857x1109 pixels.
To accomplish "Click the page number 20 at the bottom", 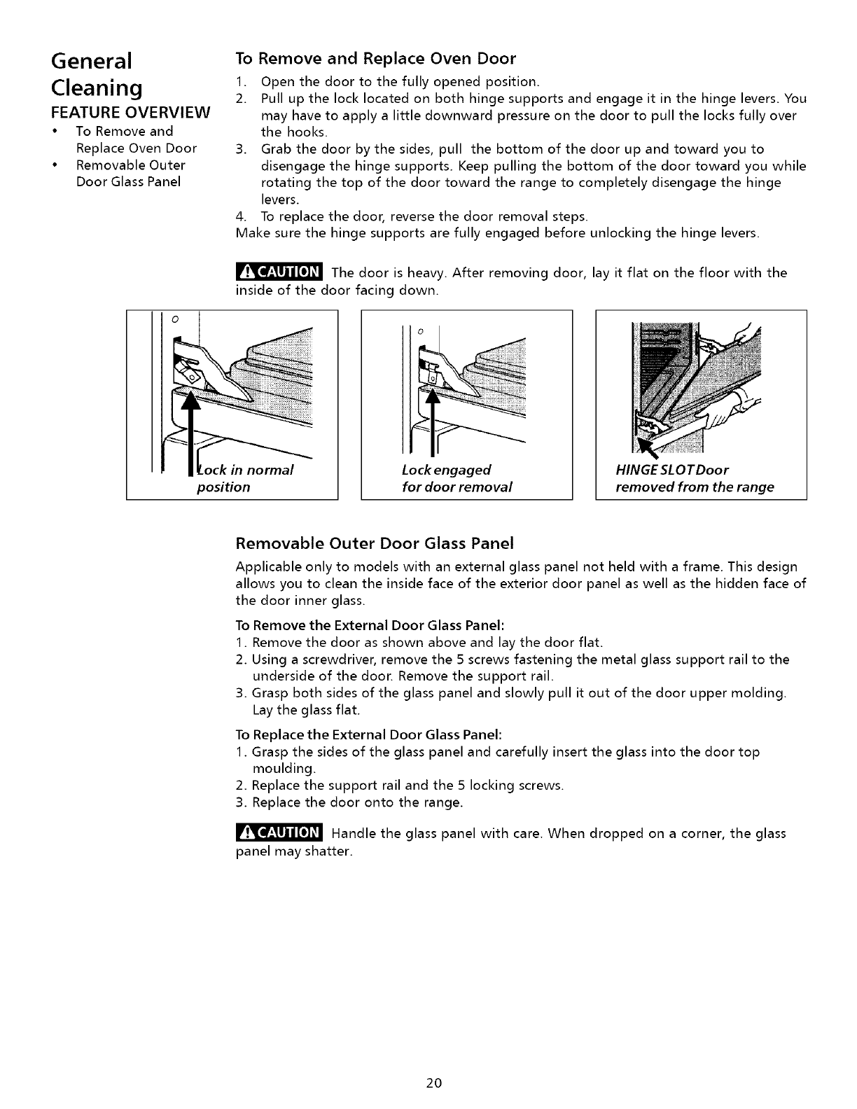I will coord(433,1083).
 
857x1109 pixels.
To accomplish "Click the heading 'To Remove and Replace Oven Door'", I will coord(376,57).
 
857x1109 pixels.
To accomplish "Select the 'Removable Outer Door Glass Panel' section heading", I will coord(375,543).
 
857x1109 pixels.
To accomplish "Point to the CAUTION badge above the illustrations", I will coord(278,272).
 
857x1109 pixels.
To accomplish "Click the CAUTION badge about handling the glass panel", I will coord(278,833).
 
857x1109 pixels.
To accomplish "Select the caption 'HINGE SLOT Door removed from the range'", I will coord(695,477).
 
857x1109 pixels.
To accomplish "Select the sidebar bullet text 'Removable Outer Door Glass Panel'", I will coord(130,174).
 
